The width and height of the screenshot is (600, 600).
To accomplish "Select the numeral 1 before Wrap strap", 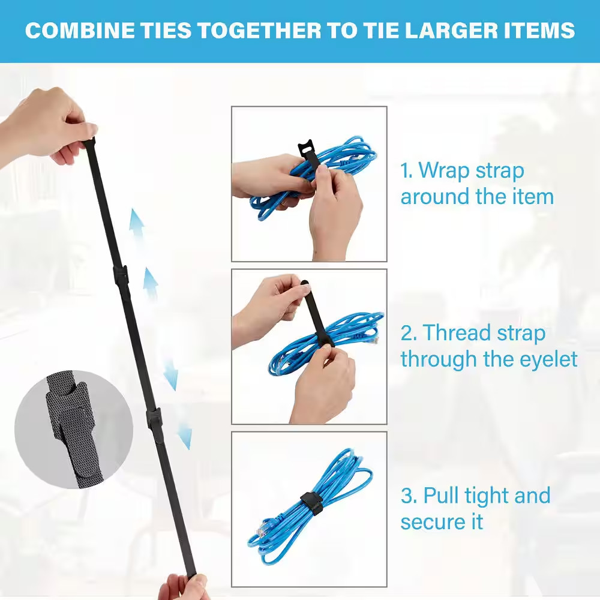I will click(x=406, y=170).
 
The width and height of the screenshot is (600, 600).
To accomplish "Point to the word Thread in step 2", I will click(x=457, y=332).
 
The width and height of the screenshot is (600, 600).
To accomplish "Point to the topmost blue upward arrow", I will click(x=137, y=225).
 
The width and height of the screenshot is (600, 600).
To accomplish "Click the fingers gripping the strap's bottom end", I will click(x=183, y=586).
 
